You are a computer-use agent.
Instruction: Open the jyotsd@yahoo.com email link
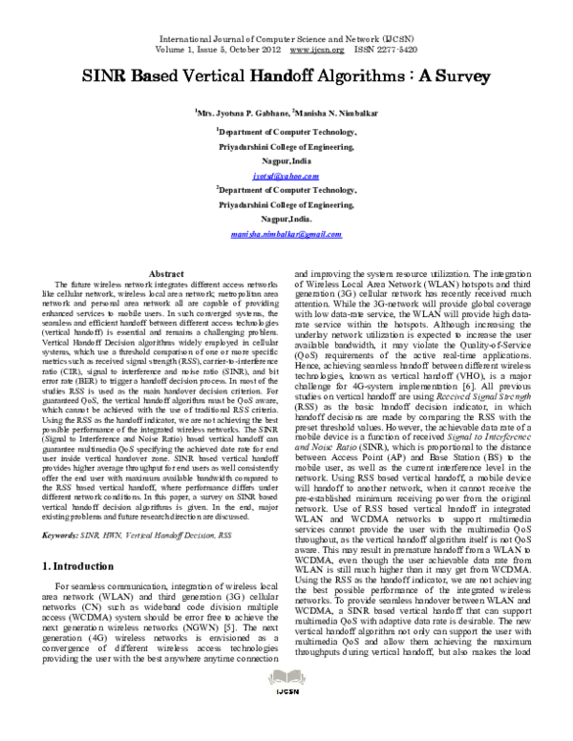point(286,178)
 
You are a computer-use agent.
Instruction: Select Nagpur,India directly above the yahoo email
point(286,163)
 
